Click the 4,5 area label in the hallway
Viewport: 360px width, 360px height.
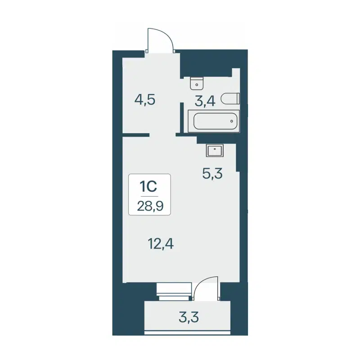(145, 99)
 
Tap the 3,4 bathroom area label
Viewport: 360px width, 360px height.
(205, 101)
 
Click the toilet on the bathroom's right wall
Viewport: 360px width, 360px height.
(234, 98)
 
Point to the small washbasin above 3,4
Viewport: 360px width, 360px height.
(197, 83)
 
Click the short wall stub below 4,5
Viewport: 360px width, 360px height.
(136, 135)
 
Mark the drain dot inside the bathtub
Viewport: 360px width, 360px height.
(231, 121)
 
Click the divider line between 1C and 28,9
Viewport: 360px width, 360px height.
(150, 197)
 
